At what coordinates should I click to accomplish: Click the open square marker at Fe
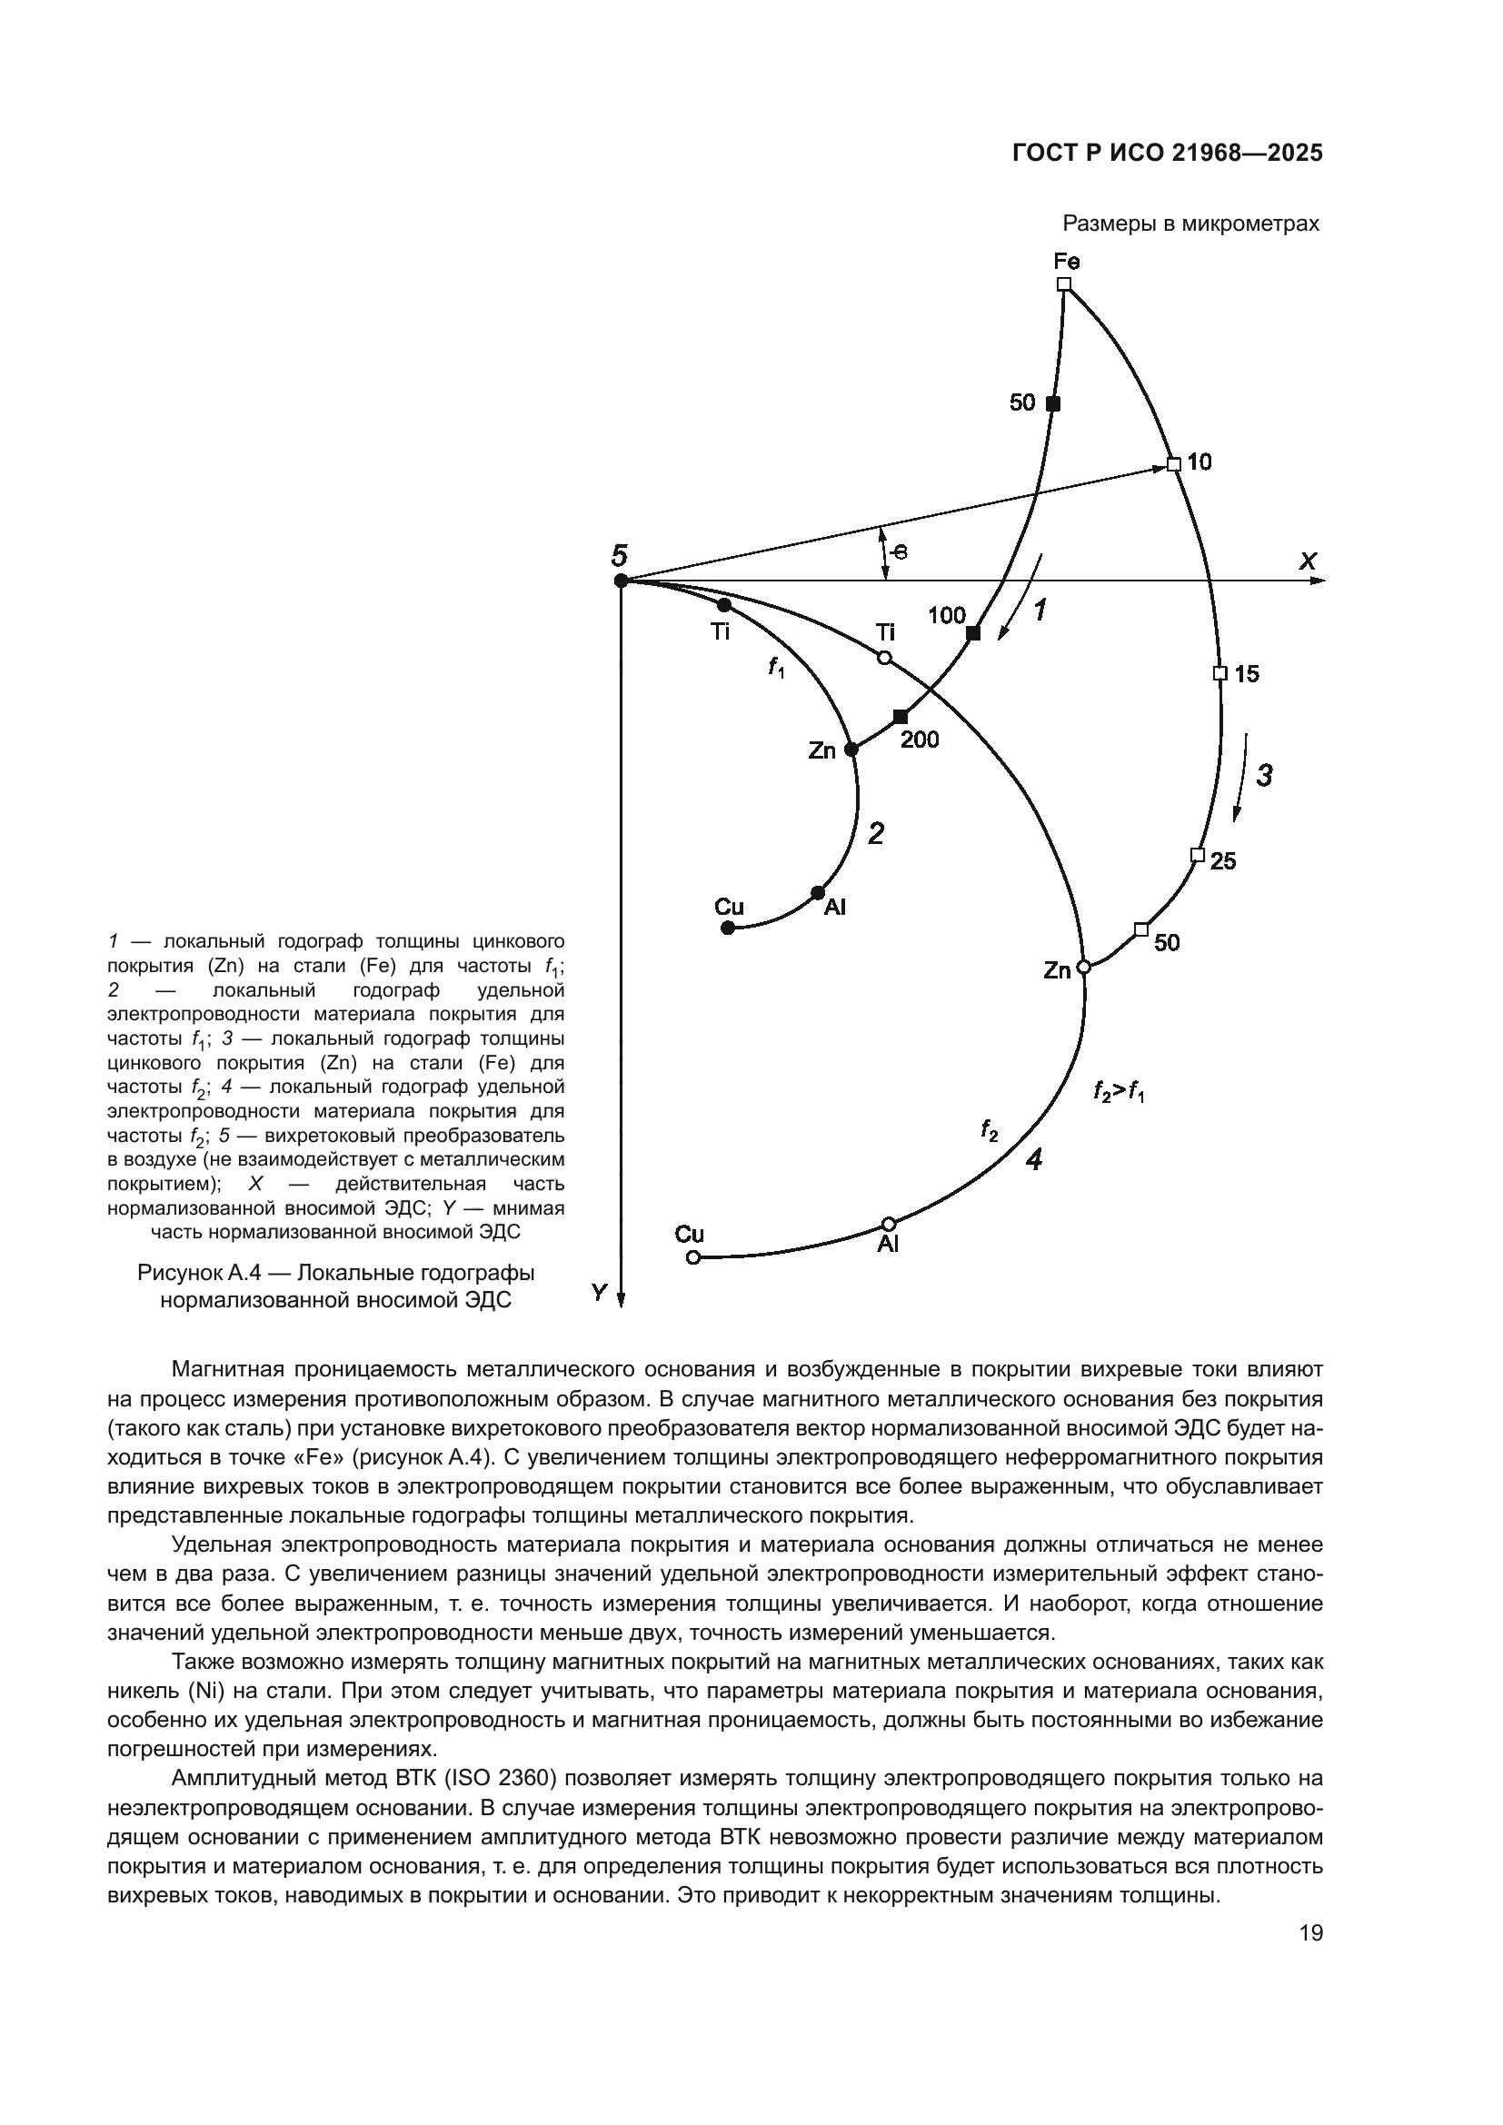point(1063,284)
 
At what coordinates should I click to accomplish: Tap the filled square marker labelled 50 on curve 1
point(1052,403)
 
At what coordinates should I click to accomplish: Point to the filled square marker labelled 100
point(972,633)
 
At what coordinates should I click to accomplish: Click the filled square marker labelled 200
point(901,716)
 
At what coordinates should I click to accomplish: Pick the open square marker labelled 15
point(1219,673)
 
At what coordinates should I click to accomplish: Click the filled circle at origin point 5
point(621,581)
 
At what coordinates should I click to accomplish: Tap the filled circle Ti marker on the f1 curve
point(723,605)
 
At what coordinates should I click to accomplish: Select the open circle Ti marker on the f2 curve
point(884,657)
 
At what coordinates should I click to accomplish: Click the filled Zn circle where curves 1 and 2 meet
point(851,750)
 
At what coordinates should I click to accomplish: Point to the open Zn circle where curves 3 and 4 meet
point(1084,968)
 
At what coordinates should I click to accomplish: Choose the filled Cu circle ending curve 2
point(728,928)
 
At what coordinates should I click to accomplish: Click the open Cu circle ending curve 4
point(692,1256)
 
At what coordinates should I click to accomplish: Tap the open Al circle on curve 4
point(889,1224)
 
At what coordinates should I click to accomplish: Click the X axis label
point(1308,561)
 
